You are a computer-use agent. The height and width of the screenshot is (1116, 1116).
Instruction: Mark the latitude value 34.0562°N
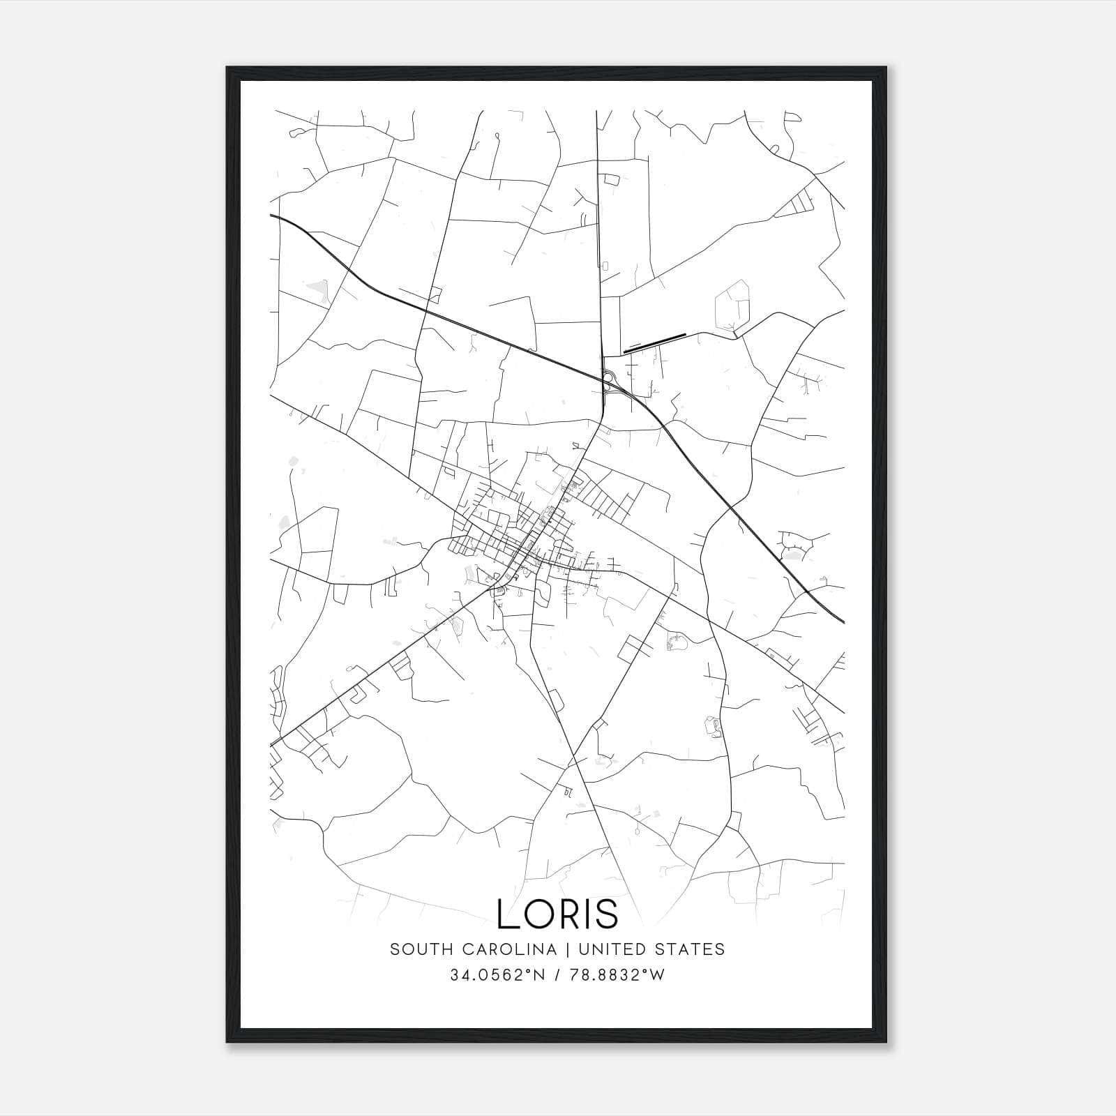point(495,975)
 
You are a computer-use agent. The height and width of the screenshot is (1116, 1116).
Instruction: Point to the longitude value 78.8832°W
point(617,975)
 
